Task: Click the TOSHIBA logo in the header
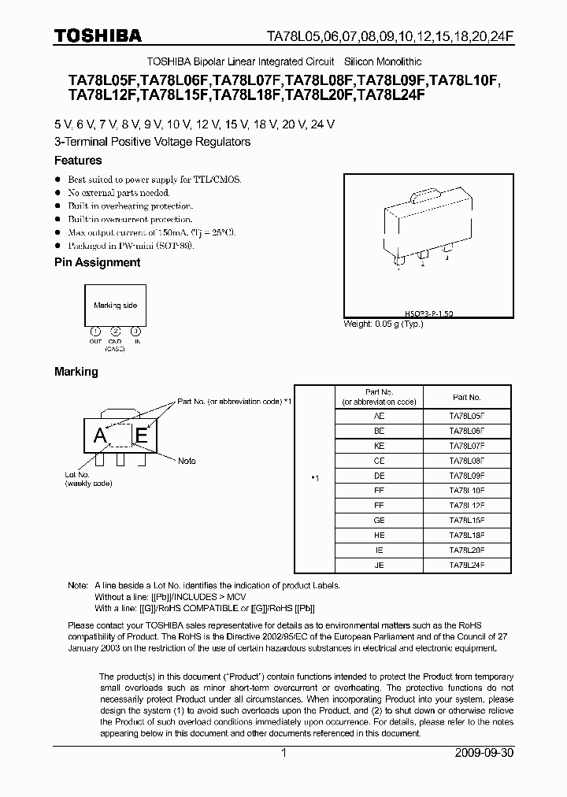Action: click(98, 35)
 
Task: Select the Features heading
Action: click(77, 161)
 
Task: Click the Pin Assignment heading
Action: click(97, 262)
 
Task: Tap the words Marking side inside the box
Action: click(115, 305)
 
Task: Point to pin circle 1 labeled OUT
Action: click(95, 331)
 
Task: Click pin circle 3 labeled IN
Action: click(135, 331)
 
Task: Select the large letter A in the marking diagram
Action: click(100, 436)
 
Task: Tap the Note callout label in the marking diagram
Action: click(187, 461)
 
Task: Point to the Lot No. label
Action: click(77, 475)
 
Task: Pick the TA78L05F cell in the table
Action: click(466, 414)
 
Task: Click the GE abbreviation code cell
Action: click(379, 521)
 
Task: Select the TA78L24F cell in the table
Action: click(466, 565)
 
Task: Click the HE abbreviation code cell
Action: click(379, 536)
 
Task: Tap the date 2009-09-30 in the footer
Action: click(484, 753)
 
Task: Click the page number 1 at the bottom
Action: click(283, 753)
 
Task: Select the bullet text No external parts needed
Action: click(118, 192)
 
